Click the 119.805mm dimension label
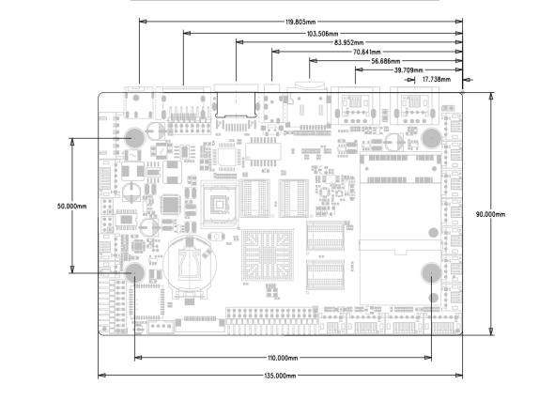[300, 22]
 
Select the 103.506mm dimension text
[322, 34]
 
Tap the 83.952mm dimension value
[349, 42]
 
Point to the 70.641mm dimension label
[367, 53]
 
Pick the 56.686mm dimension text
[386, 61]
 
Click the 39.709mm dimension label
[408, 70]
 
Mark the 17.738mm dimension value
[437, 80]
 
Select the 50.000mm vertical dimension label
[72, 207]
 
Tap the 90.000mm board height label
[490, 214]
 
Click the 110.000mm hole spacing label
[283, 358]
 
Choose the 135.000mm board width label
[280, 376]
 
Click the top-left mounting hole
[135, 138]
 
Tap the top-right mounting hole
[431, 138]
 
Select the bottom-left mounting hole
[135, 272]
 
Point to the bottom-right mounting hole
[431, 272]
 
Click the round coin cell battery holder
[190, 265]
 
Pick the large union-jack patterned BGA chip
[268, 254]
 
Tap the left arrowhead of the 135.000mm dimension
[101, 376]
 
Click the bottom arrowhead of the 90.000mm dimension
[491, 331]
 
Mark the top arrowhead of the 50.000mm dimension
[72, 142]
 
